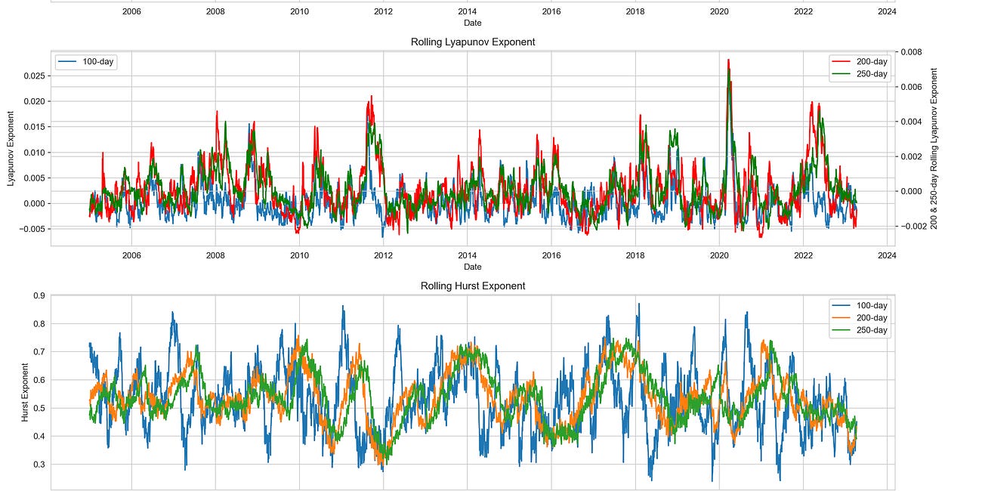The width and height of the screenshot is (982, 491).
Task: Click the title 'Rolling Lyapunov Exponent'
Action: pos(472,42)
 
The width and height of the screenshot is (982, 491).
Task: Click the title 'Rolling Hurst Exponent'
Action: pos(472,286)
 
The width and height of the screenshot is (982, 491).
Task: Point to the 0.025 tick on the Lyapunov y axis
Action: pos(33,76)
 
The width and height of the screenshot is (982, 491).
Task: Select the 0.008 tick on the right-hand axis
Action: pos(910,52)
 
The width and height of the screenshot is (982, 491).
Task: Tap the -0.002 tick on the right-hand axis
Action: pos(912,226)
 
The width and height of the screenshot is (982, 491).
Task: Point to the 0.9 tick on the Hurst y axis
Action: pos(39,295)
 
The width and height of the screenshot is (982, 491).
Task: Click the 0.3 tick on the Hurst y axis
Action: pos(39,465)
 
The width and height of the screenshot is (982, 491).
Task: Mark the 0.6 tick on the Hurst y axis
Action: pos(39,380)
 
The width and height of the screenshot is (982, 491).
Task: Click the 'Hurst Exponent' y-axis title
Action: pos(25,391)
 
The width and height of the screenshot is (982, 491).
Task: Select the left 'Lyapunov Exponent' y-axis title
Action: pos(11,148)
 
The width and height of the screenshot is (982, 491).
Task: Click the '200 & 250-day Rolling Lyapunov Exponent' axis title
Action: pos(934,148)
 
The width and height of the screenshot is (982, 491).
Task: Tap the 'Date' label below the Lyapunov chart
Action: pos(472,267)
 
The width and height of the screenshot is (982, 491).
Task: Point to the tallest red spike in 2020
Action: pos(728,60)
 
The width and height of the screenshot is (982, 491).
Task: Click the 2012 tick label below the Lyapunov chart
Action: pos(383,255)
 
